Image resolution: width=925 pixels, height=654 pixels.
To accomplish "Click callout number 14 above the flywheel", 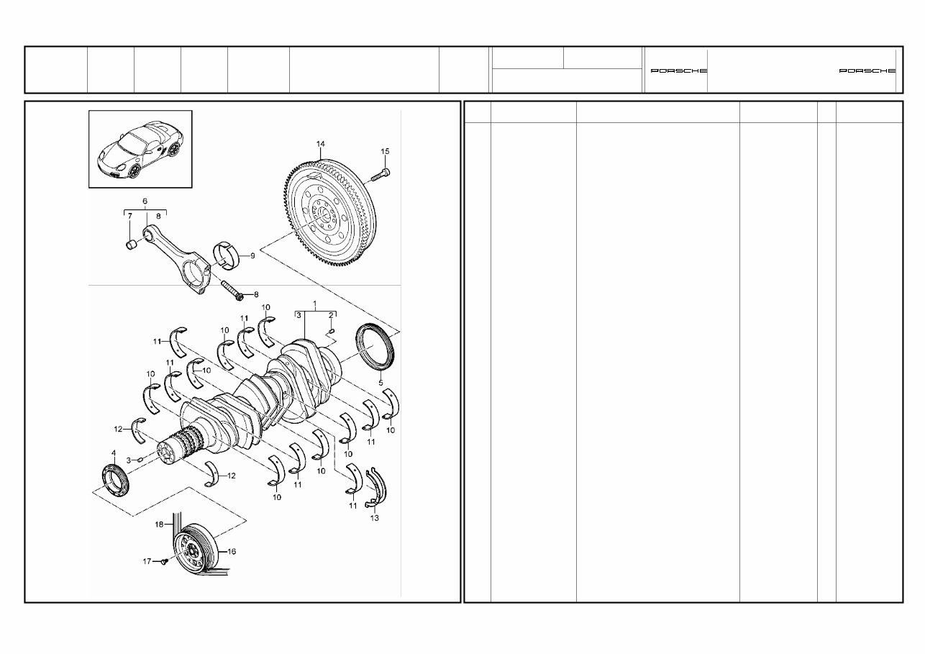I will pyautogui.click(x=320, y=144).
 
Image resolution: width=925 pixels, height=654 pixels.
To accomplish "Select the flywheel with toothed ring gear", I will pyautogui.click(x=327, y=216).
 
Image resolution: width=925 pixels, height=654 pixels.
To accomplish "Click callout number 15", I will pyautogui.click(x=385, y=151).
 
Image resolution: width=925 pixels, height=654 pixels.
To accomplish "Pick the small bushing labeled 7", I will pyautogui.click(x=132, y=245).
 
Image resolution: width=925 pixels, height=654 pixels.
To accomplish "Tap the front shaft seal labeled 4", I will pyautogui.click(x=114, y=480).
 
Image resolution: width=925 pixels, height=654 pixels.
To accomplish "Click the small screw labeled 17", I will pyautogui.click(x=163, y=562).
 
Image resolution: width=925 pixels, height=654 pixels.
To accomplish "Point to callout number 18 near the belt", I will pyautogui.click(x=160, y=524).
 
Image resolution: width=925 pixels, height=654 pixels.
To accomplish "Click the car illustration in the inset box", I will pyautogui.click(x=140, y=149).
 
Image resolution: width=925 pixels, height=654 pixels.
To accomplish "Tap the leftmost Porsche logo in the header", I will pyautogui.click(x=678, y=71).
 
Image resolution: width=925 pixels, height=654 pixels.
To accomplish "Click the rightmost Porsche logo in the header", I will pyautogui.click(x=867, y=71).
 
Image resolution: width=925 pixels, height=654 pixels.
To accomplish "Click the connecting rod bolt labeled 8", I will pyautogui.click(x=231, y=290).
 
